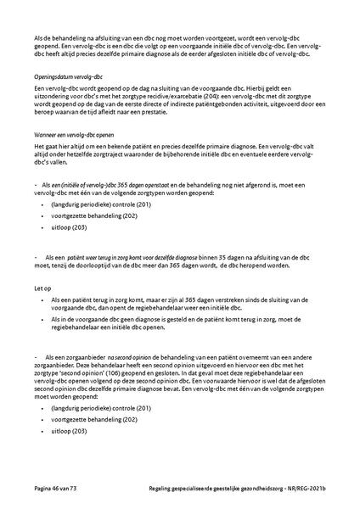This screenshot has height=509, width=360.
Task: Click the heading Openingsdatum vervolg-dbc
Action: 64,76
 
